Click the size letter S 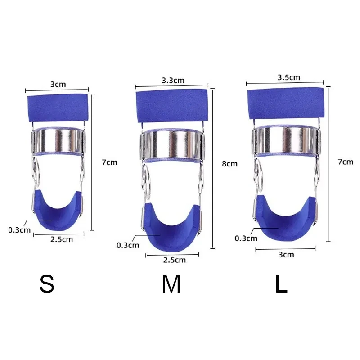click(x=47, y=284)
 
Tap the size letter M click(x=171, y=284)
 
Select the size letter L click(x=281, y=284)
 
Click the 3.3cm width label click(x=173, y=81)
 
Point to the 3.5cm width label click(x=289, y=77)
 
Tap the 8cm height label click(x=229, y=164)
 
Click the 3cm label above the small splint click(x=58, y=84)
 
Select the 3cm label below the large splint click(x=286, y=255)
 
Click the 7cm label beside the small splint click(x=109, y=162)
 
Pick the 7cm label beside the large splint click(x=346, y=162)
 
